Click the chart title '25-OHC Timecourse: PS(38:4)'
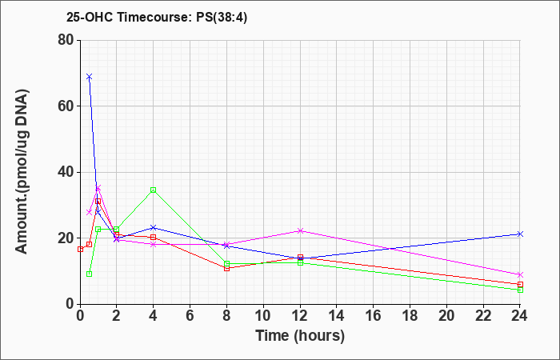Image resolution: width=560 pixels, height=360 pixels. click(157, 18)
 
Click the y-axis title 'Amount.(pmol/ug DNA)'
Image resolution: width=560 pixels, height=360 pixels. click(22, 172)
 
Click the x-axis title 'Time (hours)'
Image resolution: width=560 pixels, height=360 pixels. click(300, 336)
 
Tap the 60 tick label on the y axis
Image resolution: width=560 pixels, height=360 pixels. click(66, 106)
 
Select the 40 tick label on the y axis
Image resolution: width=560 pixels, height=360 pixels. click(66, 172)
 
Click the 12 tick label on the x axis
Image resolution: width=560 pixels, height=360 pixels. click(300, 315)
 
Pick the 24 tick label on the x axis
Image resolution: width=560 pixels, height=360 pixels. click(520, 315)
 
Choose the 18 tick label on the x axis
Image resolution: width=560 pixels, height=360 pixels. click(410, 315)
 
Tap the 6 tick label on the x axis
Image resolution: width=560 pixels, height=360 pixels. click(190, 315)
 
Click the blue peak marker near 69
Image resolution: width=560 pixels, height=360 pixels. click(90, 77)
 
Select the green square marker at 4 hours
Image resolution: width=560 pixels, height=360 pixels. click(154, 190)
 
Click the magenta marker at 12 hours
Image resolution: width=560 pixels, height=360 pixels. click(300, 230)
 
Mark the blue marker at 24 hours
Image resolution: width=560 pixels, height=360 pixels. click(520, 234)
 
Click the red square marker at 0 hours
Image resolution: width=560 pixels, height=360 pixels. click(80, 250)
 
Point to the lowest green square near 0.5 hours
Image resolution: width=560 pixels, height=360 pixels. click(90, 274)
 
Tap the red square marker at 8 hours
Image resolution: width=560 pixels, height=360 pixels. click(226, 268)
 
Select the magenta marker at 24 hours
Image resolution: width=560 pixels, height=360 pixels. click(520, 274)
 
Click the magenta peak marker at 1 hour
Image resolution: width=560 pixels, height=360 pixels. click(98, 187)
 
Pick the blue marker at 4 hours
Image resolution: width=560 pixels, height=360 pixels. click(154, 227)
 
